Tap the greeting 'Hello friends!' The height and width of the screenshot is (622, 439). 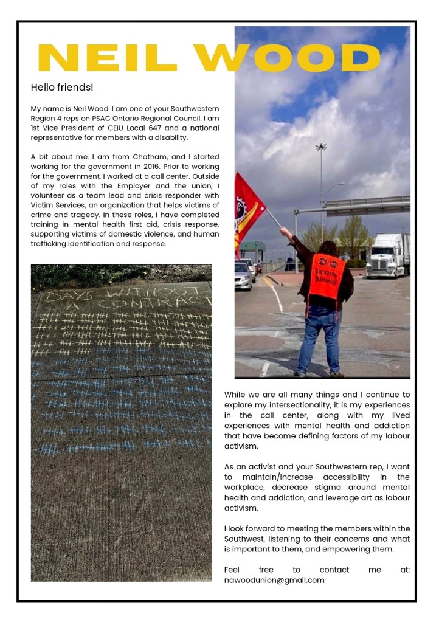[62, 88]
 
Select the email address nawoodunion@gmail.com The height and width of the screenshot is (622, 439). [274, 580]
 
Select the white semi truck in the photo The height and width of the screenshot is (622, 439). [388, 255]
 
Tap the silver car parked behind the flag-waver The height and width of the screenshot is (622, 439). [243, 275]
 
